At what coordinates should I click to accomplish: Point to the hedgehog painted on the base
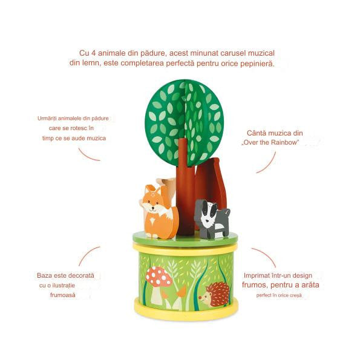pos(215,294)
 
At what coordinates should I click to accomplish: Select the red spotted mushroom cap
pos(159,277)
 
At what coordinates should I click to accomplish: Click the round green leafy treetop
pos(185,122)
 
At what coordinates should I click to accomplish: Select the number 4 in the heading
pos(93,53)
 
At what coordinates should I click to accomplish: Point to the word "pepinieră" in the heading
pos(257,64)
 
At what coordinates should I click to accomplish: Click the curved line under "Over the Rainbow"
pos(269,164)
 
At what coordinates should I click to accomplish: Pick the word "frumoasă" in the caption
pos(63,295)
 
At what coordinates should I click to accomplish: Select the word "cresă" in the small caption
pos(296,295)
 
